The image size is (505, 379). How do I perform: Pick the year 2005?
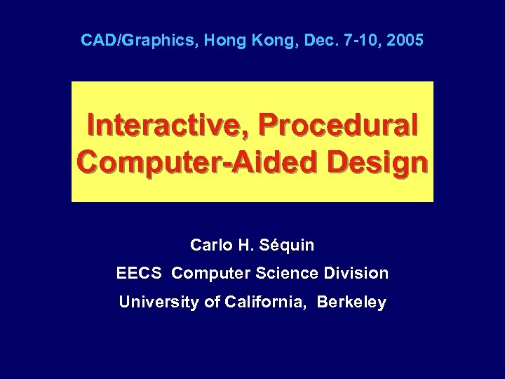coord(405,40)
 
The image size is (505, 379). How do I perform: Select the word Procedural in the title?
coord(339,126)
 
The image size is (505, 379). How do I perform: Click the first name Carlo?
coord(209,245)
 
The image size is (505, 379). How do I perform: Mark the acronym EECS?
coord(140,273)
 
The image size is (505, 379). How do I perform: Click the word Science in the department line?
coord(289,273)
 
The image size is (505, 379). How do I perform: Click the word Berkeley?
coord(351,302)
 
